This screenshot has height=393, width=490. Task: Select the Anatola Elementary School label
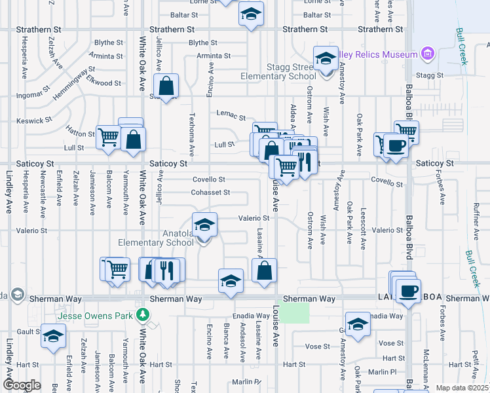click(156, 238)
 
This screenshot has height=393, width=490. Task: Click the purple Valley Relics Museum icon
click(428, 53)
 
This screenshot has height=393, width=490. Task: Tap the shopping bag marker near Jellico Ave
click(166, 86)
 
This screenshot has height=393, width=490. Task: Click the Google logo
click(22, 385)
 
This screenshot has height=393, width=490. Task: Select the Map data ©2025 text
click(462, 388)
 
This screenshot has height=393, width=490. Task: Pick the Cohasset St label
click(210, 193)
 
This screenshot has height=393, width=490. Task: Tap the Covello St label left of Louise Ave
click(208, 179)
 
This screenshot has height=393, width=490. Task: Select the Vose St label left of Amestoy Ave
click(317, 346)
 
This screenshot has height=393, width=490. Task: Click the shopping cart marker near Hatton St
click(108, 137)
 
